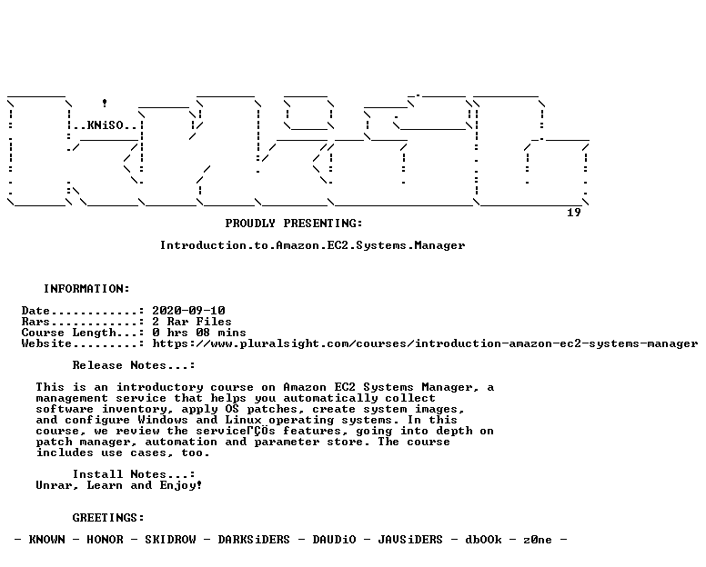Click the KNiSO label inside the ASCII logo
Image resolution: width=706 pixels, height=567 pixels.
(x=106, y=125)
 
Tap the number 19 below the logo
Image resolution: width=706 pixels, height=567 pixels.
(x=573, y=213)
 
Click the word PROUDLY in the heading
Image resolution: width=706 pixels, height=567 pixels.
(x=250, y=224)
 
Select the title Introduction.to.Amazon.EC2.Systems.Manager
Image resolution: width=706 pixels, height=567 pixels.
(x=312, y=245)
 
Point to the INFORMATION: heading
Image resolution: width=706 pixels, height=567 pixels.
(x=86, y=289)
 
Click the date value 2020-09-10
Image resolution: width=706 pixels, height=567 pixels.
(x=188, y=311)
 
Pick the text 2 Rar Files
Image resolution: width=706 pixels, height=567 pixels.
(x=192, y=322)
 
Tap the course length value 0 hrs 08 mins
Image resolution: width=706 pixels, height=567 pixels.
(x=199, y=333)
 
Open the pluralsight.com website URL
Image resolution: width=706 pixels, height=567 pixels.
(x=425, y=343)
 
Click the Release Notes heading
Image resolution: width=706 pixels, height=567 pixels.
(x=134, y=365)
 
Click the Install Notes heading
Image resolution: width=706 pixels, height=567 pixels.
(x=134, y=474)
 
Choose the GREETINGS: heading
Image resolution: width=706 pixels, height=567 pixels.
(x=108, y=518)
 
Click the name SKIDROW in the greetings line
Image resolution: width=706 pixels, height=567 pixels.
(x=171, y=540)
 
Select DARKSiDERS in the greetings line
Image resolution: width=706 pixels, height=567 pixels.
(x=254, y=540)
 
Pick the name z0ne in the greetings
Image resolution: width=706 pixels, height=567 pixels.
(x=538, y=540)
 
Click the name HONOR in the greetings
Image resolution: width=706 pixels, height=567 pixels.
(x=105, y=540)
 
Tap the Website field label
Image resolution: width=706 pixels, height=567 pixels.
(x=46, y=343)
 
